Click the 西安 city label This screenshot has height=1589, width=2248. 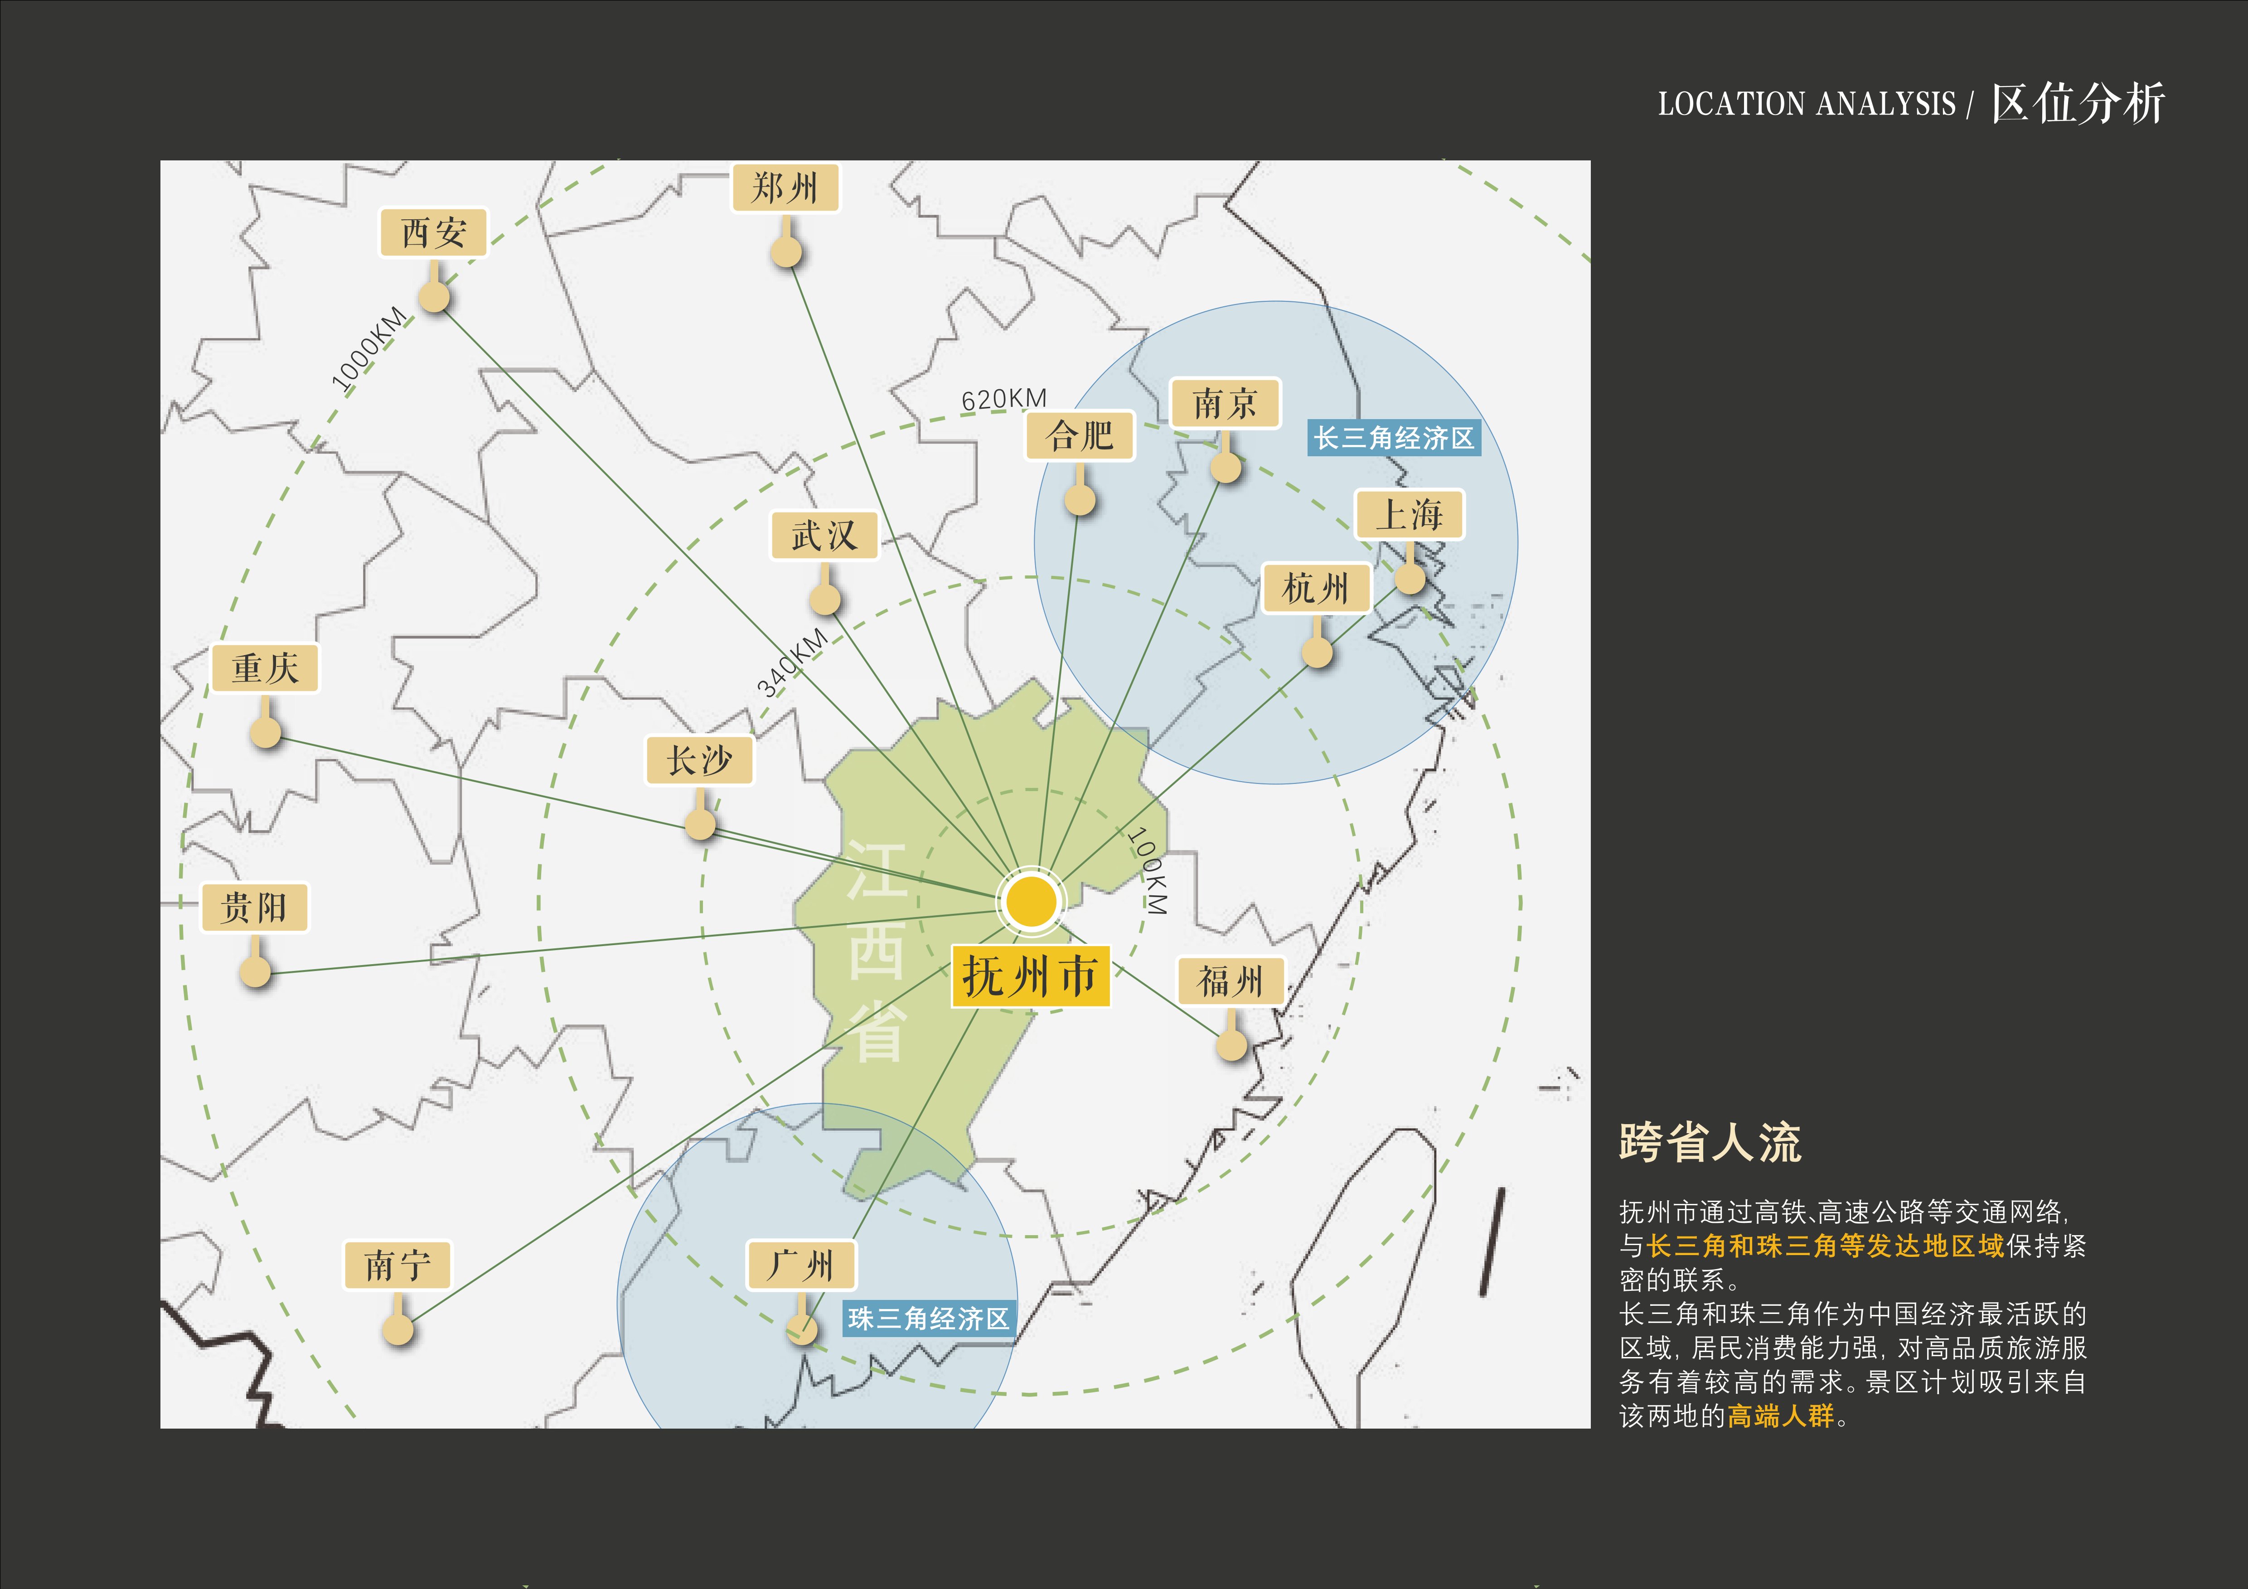tap(433, 233)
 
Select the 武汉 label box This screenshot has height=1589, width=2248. tap(824, 536)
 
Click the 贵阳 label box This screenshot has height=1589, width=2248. tap(255, 908)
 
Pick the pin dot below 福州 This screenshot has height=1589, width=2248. tap(1232, 1045)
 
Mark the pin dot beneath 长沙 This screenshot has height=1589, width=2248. tap(700, 823)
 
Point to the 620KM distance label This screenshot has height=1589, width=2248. tap(1003, 398)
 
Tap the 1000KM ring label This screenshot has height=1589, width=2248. tap(368, 349)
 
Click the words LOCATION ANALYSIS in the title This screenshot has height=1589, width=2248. tap(1807, 104)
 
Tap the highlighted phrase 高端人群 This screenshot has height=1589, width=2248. tap(1780, 1416)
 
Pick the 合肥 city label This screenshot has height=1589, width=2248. tap(1080, 436)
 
